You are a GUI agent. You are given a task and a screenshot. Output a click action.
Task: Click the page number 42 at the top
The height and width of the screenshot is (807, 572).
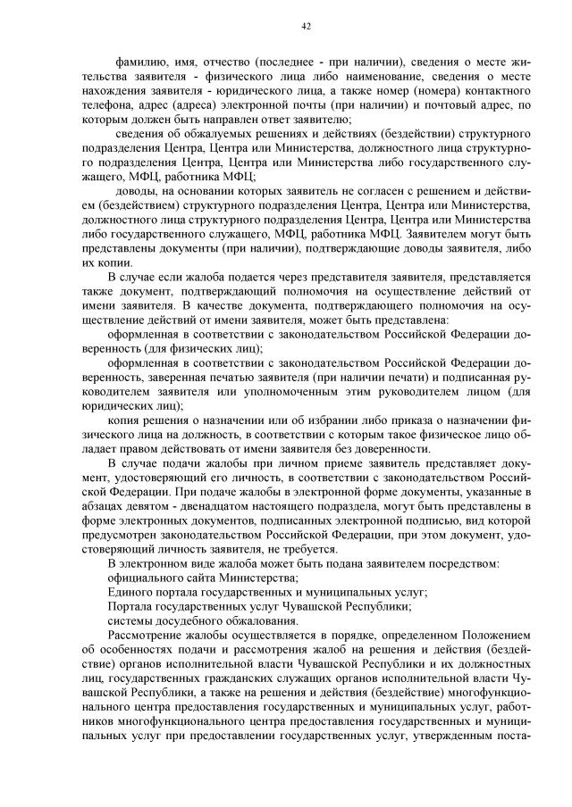click(x=306, y=27)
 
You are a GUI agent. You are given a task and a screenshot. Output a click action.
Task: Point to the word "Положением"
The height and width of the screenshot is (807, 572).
click(x=497, y=635)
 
